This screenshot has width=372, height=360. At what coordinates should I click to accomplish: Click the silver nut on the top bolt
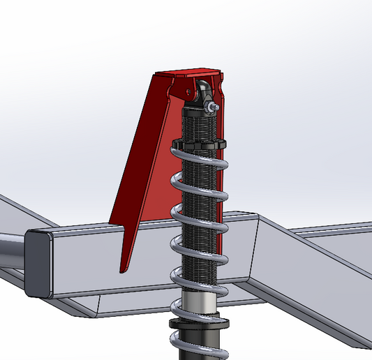209,106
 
